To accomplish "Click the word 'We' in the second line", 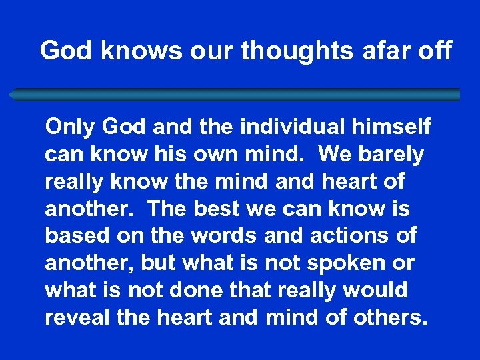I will (x=333, y=155).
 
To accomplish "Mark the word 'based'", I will (x=76, y=236).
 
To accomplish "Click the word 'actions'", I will (x=343, y=236).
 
